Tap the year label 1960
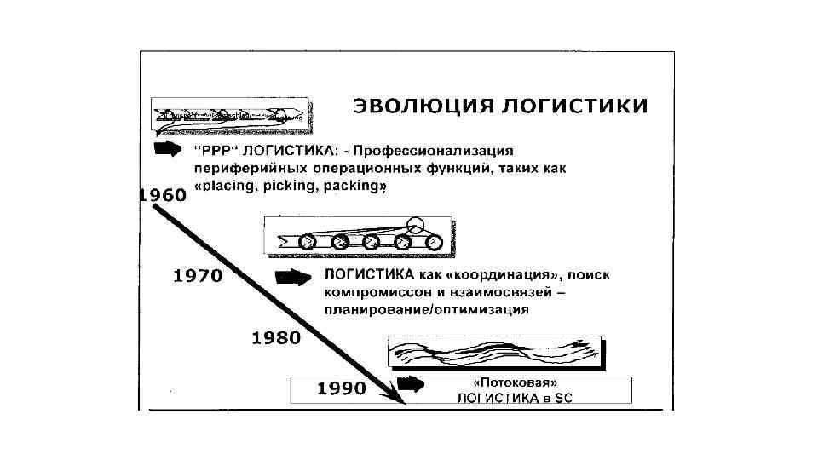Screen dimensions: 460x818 [x=162, y=195]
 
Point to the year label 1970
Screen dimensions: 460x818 [x=198, y=276]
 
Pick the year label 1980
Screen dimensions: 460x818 [x=276, y=337]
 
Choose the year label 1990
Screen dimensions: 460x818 [x=341, y=389]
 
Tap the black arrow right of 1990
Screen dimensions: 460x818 [x=411, y=383]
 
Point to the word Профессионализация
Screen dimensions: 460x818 [x=436, y=151]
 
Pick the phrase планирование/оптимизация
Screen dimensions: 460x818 [x=427, y=310]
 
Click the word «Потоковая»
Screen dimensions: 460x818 [x=508, y=382]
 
